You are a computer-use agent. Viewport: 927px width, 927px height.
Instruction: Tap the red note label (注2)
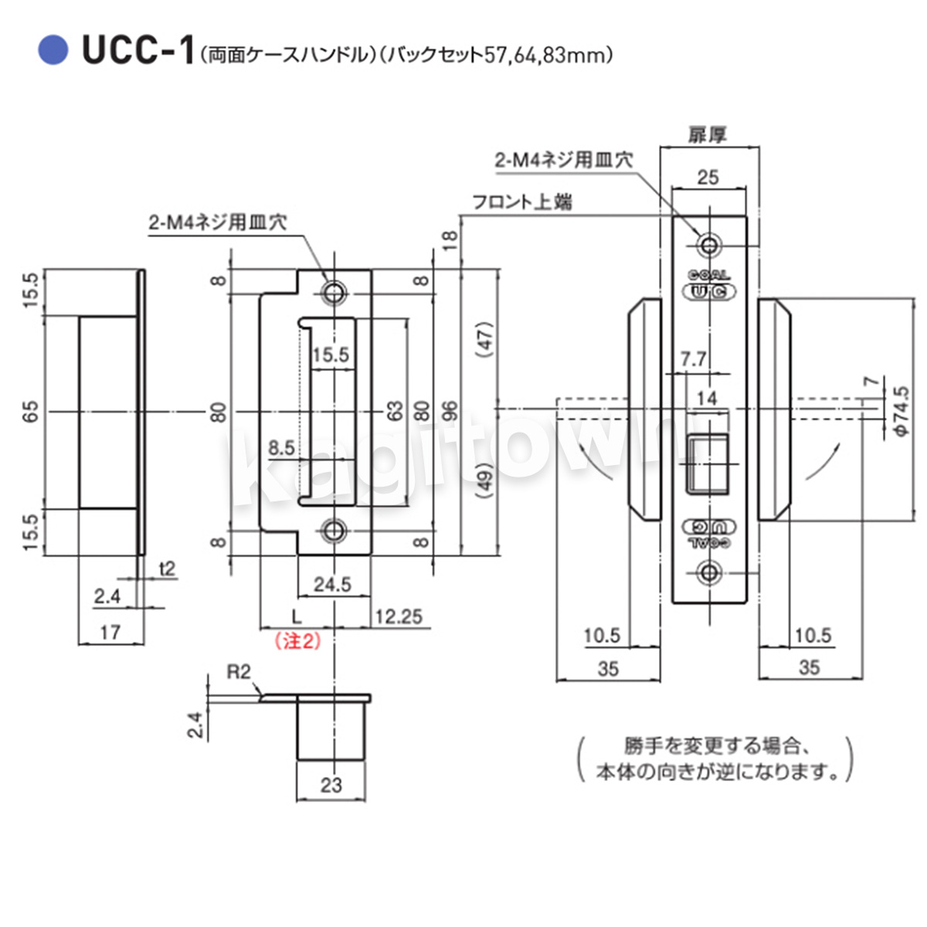[x=297, y=640]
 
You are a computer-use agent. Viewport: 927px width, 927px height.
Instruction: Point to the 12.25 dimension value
[x=399, y=616]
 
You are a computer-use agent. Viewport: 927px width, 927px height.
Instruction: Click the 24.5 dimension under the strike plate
[x=332, y=584]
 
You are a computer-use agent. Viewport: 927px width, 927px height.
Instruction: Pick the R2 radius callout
[x=239, y=672]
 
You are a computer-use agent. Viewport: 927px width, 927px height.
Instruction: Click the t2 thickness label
[x=167, y=569]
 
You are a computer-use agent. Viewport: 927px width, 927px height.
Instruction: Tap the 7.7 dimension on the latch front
[x=693, y=358]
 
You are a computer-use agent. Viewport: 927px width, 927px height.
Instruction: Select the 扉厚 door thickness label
[x=708, y=135]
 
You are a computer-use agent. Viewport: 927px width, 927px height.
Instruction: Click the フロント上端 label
[x=522, y=202]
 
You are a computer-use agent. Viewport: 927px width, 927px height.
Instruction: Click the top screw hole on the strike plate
[x=334, y=292]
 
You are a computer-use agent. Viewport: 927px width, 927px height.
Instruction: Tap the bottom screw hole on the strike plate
[x=334, y=531]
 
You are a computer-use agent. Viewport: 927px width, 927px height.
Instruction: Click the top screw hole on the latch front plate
[x=708, y=246]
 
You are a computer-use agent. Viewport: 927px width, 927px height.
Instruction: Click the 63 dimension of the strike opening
[x=394, y=410]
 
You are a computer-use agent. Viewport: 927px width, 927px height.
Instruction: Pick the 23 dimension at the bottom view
[x=331, y=786]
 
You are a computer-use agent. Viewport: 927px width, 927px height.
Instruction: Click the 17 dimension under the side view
[x=110, y=632]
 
